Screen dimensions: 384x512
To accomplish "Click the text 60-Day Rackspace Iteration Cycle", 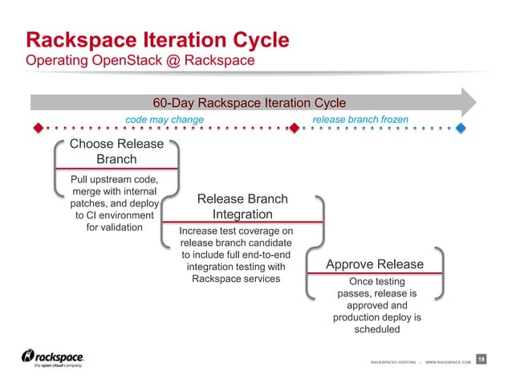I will (249, 103).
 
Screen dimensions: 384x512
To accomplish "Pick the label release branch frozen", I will (360, 120).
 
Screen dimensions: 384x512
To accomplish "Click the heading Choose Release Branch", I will (116, 152).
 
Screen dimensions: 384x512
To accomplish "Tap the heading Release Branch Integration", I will (242, 206).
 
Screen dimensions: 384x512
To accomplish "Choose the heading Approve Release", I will (375, 264).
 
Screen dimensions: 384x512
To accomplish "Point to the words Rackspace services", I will (236, 278).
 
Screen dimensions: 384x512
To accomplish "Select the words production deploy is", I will (376, 317).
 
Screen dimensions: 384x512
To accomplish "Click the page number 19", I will (482, 358).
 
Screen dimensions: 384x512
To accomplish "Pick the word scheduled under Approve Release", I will (376, 329).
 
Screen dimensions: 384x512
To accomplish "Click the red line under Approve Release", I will (375, 274).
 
